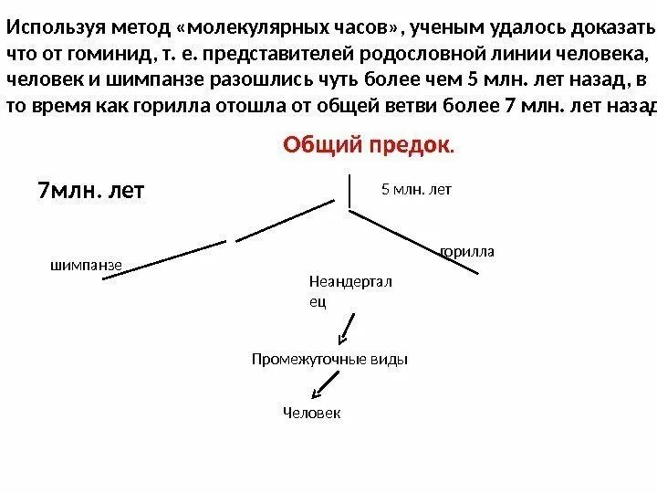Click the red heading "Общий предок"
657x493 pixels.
368,145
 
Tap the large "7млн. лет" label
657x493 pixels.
91,193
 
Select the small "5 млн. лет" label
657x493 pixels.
416,190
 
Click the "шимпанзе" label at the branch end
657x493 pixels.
85,265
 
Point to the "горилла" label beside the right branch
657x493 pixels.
467,250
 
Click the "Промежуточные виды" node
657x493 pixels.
329,359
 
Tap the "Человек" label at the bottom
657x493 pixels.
311,414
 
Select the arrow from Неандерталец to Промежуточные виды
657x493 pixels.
347,327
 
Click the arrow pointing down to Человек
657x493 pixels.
319,388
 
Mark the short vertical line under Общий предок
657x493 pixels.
349,191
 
